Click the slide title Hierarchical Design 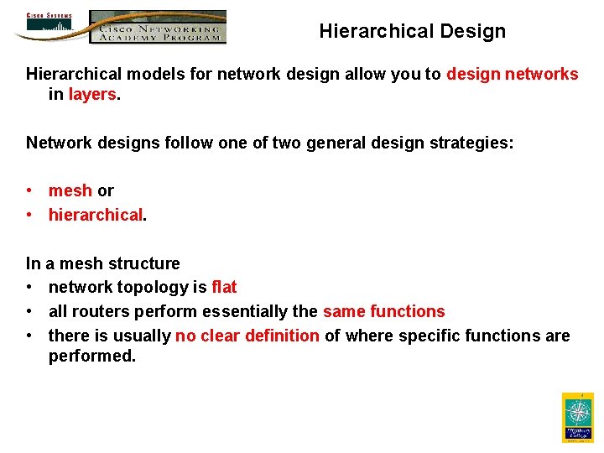pyautogui.click(x=412, y=32)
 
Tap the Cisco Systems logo pyautogui.click(x=49, y=24)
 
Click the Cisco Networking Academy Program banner pyautogui.click(x=158, y=27)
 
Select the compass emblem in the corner pyautogui.click(x=577, y=416)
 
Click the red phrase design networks pyautogui.click(x=512, y=74)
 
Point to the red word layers pyautogui.click(x=92, y=95)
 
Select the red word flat pyautogui.click(x=224, y=288)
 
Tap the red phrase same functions pyautogui.click(x=383, y=312)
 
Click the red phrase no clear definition pyautogui.click(x=247, y=336)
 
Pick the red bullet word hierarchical pyautogui.click(x=95, y=216)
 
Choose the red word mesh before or pyautogui.click(x=70, y=191)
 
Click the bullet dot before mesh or pyautogui.click(x=30, y=191)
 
